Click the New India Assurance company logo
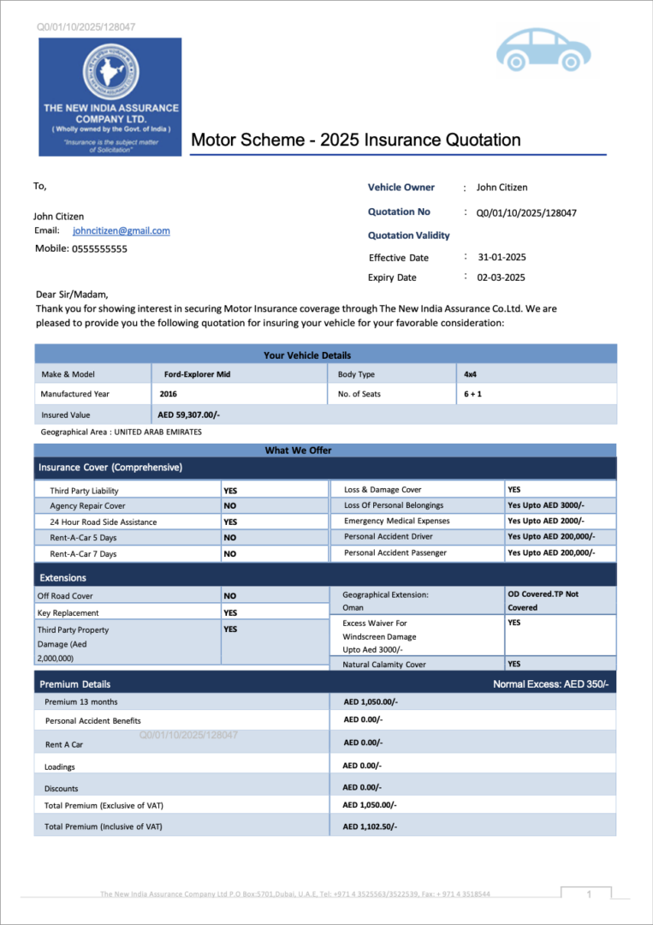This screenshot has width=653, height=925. click(110, 96)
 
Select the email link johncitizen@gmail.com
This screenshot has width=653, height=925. click(122, 230)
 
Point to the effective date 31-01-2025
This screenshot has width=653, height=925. click(502, 257)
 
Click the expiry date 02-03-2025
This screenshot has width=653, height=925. click(501, 277)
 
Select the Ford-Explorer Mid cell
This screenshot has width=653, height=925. click(197, 374)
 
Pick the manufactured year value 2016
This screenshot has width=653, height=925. click(169, 394)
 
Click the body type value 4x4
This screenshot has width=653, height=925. click(471, 374)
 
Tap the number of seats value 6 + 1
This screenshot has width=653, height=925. click(472, 394)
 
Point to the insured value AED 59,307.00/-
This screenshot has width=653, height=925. click(189, 415)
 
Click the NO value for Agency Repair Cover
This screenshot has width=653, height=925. click(230, 506)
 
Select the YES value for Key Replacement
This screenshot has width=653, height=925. click(230, 613)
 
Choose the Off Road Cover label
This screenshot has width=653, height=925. click(65, 596)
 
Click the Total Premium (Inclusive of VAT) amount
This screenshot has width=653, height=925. click(371, 827)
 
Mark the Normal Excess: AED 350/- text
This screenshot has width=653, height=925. click(550, 684)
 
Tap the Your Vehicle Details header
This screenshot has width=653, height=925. click(307, 355)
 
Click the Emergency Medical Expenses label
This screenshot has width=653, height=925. click(396, 521)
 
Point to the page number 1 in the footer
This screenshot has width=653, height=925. click(589, 894)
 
